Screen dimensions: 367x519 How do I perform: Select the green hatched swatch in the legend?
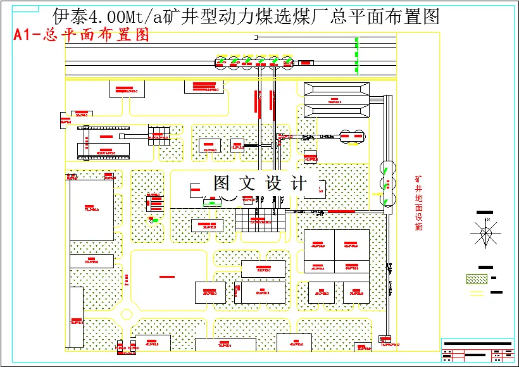[x=476, y=278]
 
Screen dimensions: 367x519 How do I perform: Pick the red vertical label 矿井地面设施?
[x=418, y=203]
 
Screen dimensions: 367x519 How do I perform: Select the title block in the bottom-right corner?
[x=477, y=350]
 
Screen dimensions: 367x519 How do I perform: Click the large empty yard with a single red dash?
[x=167, y=277]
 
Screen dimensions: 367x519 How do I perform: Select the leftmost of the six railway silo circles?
[x=221, y=62]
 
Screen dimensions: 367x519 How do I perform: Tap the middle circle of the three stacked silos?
[x=386, y=184]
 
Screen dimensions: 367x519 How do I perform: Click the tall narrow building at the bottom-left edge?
[x=76, y=316]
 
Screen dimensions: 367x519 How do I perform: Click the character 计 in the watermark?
[x=297, y=183]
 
